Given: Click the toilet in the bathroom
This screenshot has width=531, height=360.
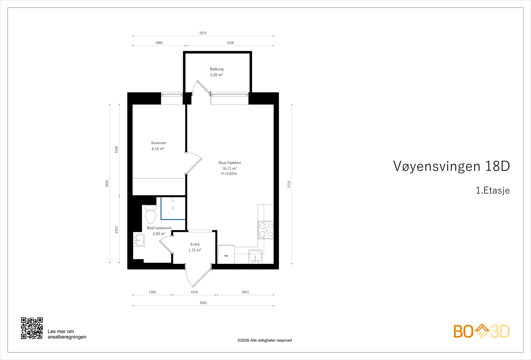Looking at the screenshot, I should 151,215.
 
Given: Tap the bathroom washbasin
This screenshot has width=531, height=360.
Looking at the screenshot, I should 139,240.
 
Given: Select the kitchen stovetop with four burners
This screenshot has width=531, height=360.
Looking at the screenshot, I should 266,230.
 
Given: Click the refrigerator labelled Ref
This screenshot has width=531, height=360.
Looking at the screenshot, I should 226,255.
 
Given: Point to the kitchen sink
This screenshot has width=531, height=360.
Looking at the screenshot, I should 256,257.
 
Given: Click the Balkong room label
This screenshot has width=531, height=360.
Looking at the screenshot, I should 217,69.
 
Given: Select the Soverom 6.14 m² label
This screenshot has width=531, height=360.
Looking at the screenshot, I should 158,146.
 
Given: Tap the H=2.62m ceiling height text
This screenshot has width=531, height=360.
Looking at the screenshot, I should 229,174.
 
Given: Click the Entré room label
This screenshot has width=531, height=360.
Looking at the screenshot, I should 195,245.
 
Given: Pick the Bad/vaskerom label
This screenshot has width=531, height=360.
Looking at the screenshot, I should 159,228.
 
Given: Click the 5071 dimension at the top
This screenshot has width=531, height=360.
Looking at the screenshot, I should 203,33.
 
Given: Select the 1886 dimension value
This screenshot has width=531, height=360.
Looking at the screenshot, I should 159,42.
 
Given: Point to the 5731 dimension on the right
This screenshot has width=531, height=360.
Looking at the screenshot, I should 289,184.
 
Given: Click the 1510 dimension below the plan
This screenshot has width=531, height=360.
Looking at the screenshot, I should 194,292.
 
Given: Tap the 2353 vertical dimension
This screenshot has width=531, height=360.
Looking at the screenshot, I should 116,230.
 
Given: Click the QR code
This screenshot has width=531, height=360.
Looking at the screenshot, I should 32,328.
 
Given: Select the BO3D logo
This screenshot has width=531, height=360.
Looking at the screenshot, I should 481,331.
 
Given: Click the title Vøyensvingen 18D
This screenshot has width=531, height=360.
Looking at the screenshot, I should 451,166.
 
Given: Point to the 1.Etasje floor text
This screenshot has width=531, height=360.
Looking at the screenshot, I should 493,190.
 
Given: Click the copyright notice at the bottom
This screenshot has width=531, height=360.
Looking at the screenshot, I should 265,340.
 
